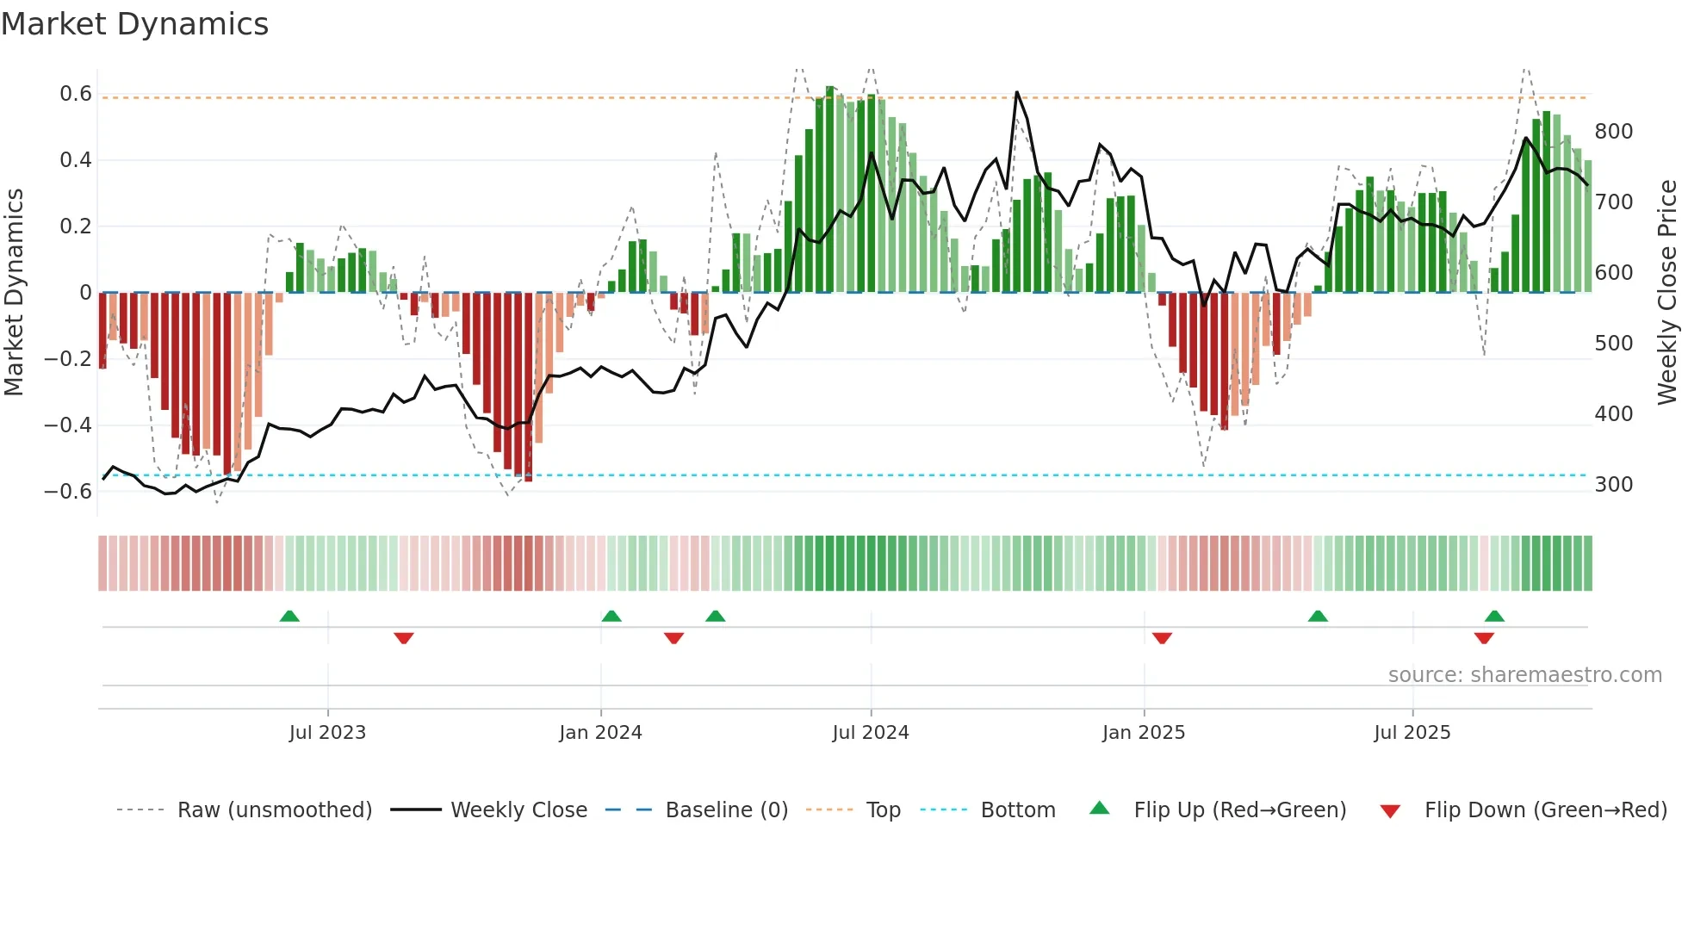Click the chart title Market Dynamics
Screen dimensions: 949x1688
pyautogui.click(x=135, y=24)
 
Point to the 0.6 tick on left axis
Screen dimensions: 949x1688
pyautogui.click(x=76, y=94)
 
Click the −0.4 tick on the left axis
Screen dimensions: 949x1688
pyautogui.click(x=68, y=425)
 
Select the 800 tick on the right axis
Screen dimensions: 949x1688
pyautogui.click(x=1613, y=132)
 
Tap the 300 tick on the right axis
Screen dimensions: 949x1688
pyautogui.click(x=1613, y=485)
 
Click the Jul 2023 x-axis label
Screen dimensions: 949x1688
pyautogui.click(x=327, y=733)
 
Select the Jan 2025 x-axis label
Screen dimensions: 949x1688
pyautogui.click(x=1144, y=733)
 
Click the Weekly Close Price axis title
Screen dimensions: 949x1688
pyautogui.click(x=1667, y=293)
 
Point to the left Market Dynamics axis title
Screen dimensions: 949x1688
pyautogui.click(x=14, y=293)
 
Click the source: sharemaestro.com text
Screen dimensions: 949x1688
pyautogui.click(x=1524, y=675)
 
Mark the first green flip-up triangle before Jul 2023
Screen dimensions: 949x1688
pyautogui.click(x=289, y=617)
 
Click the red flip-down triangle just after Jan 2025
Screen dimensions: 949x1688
pyautogui.click(x=1162, y=638)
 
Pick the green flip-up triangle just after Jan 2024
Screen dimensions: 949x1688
pyautogui.click(x=611, y=617)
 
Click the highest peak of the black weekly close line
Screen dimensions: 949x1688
pyautogui.click(x=1017, y=92)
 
